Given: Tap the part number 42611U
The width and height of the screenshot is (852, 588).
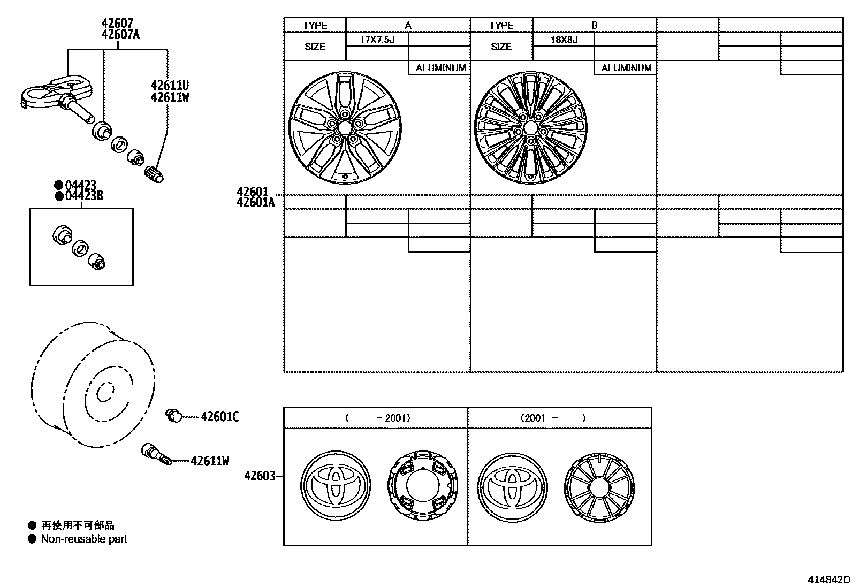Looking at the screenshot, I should [x=169, y=86].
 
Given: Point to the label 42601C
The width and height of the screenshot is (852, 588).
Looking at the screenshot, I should [x=220, y=417].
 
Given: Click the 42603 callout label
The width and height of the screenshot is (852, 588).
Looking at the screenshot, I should [x=260, y=476].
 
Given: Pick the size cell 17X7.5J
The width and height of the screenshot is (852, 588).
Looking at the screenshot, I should [x=377, y=39].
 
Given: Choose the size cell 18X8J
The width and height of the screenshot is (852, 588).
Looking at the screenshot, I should [x=564, y=39].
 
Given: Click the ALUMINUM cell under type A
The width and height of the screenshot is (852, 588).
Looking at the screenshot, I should [x=440, y=68].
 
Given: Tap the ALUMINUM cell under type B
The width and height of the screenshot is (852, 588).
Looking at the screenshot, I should [x=626, y=68].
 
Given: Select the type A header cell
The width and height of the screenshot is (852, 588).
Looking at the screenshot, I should [x=408, y=25].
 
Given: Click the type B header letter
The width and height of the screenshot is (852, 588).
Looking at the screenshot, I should [x=594, y=25].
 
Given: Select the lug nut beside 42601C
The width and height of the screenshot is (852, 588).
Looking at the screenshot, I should [x=174, y=415].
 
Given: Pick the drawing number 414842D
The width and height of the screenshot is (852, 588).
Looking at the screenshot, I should [x=828, y=579].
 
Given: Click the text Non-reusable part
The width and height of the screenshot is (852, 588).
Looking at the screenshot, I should [x=84, y=539].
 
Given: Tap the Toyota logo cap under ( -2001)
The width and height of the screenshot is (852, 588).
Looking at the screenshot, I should [x=335, y=485].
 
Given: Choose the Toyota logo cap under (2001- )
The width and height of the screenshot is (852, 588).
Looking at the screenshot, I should [x=512, y=485].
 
